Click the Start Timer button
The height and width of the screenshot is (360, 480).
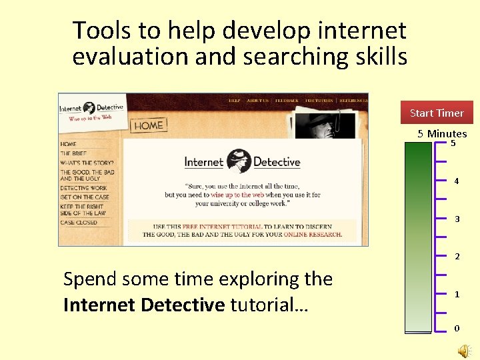(x=437, y=113)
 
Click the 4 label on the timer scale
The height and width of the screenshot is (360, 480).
(x=456, y=181)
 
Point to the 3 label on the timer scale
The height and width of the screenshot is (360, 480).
(x=456, y=219)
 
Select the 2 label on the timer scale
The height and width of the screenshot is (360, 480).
(x=456, y=256)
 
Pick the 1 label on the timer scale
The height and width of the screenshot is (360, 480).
(x=456, y=294)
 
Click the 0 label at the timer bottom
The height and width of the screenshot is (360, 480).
(x=456, y=328)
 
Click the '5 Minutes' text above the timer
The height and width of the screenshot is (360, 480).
(x=442, y=133)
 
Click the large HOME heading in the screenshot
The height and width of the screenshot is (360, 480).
(x=148, y=125)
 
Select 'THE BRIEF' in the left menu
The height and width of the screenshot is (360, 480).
(x=73, y=153)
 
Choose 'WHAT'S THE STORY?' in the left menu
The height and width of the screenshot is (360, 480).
(x=87, y=163)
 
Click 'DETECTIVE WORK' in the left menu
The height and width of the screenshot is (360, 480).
(x=83, y=188)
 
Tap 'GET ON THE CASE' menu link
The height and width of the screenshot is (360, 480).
(x=85, y=197)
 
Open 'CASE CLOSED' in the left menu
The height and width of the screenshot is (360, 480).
(x=78, y=223)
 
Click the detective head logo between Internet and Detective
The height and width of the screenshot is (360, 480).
(x=238, y=161)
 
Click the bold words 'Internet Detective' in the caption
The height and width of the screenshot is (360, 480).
(x=144, y=305)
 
